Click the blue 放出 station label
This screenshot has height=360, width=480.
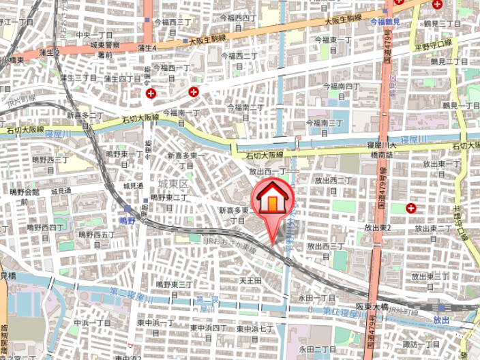(x=441, y=319)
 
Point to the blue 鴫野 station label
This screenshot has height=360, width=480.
(x=127, y=220)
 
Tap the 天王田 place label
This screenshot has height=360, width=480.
(x=250, y=280)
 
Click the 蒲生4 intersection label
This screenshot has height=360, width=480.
(x=147, y=48)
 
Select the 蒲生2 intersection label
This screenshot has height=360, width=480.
(x=50, y=52)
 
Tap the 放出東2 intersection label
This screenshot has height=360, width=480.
(x=377, y=228)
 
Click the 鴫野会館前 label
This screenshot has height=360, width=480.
(x=26, y=196)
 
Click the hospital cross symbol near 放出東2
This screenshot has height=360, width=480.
(x=411, y=208)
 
